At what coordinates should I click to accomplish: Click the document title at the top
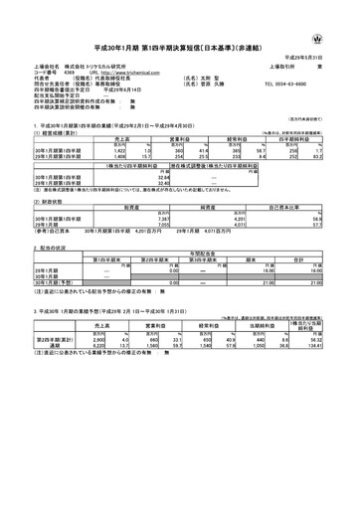(180, 46)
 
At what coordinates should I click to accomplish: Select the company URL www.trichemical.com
(123, 73)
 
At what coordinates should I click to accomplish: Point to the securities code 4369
(69, 73)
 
